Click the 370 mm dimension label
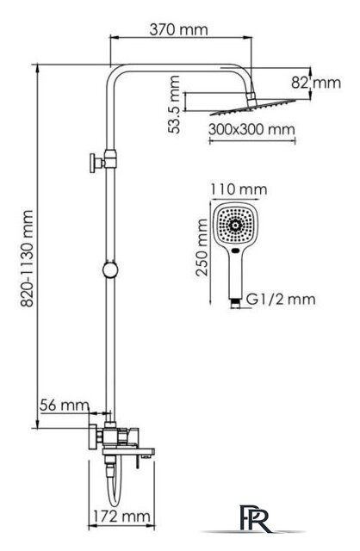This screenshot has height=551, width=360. pyautogui.click(x=178, y=29)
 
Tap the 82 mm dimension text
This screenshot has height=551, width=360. pyautogui.click(x=316, y=83)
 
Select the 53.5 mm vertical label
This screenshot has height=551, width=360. pyautogui.click(x=174, y=104)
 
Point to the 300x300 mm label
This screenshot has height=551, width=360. pyautogui.click(x=251, y=129)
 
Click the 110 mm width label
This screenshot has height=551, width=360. pyautogui.click(x=239, y=189)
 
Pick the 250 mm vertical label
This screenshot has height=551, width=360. pyautogui.click(x=202, y=247)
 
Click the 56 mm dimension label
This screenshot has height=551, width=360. pyautogui.click(x=64, y=406)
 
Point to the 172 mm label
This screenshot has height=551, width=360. pyautogui.click(x=121, y=517)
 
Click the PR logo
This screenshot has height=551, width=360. pyautogui.click(x=256, y=518)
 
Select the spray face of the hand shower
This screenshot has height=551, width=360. pyautogui.click(x=235, y=224)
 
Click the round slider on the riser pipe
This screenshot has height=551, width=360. pyautogui.click(x=111, y=270)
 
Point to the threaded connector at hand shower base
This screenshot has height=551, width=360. pyautogui.click(x=235, y=304)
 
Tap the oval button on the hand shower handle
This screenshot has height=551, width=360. pyautogui.click(x=236, y=251)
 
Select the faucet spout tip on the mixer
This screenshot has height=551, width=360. pyautogui.click(x=146, y=457)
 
